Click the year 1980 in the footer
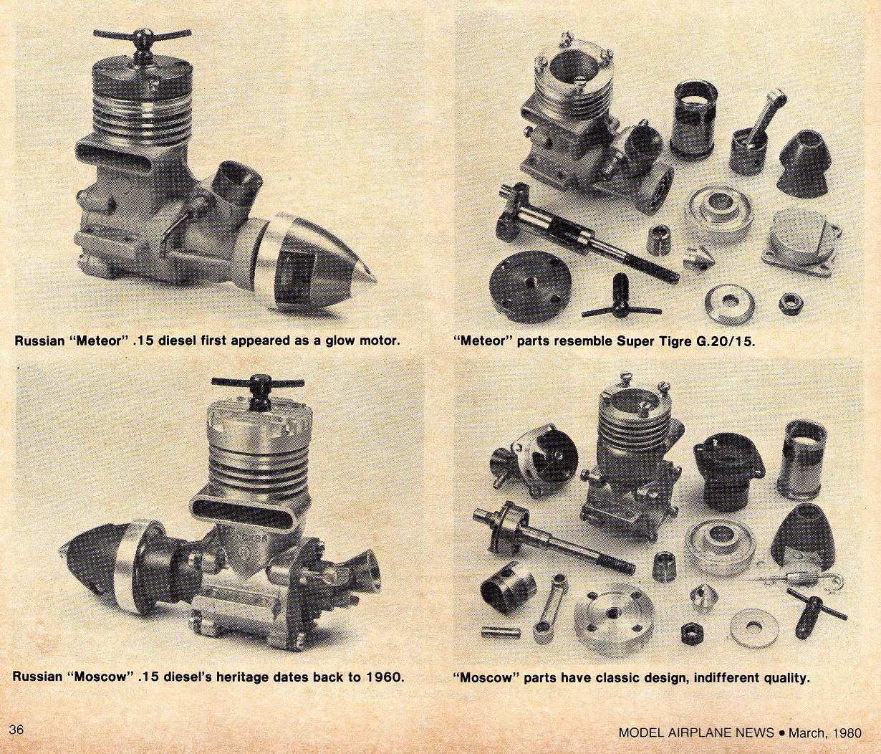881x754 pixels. pyautogui.click(x=845, y=732)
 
